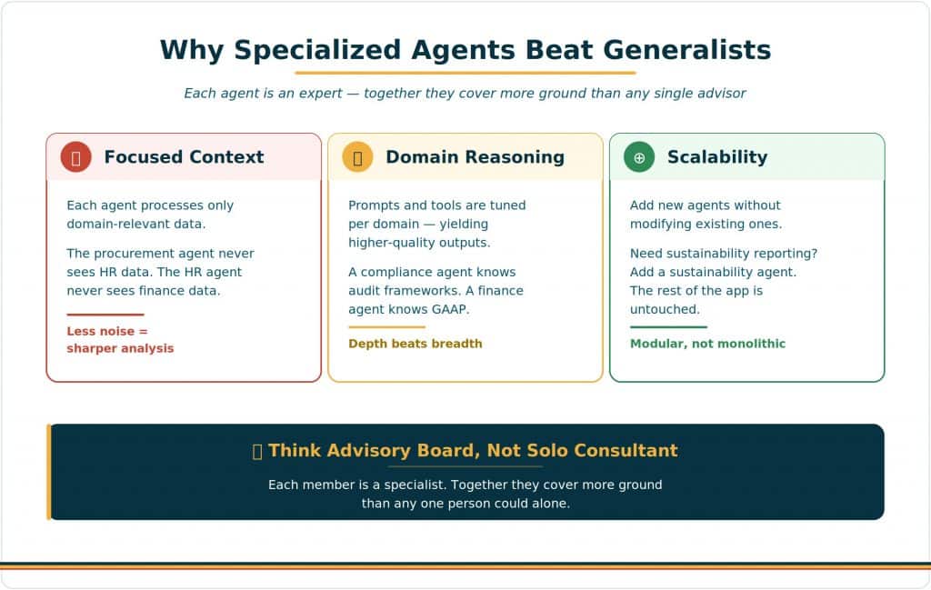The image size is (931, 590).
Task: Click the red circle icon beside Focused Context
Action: pos(75,157)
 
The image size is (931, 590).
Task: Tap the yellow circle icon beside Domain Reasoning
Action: pos(357,157)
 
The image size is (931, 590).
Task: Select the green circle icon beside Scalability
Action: pos(639,157)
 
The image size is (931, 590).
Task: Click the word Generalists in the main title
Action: pos(687,50)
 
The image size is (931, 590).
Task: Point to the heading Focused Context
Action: pos(184,156)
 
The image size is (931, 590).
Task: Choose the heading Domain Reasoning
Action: pos(475,156)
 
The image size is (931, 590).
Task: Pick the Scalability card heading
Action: pos(717,156)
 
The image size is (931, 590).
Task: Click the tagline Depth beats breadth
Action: pos(415,344)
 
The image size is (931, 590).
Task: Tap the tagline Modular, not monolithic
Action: pos(707,344)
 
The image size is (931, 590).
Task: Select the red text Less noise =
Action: pos(107,331)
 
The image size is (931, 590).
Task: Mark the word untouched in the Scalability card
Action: pos(665,309)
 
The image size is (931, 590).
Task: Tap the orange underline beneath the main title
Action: pos(465,73)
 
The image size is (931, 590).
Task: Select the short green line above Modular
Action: pos(668,327)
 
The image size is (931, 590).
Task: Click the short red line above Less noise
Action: pos(105,315)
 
